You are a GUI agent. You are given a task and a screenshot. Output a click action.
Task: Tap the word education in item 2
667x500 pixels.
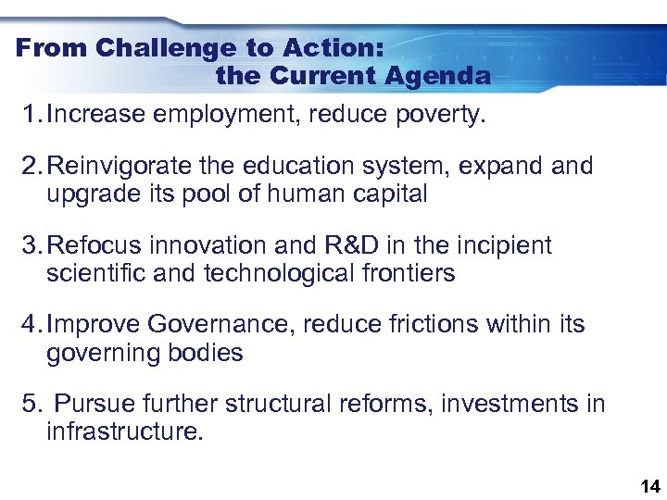302,167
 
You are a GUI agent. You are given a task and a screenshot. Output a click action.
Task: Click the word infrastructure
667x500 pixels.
123,432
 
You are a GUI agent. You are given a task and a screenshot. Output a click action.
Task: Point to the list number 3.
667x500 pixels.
32,245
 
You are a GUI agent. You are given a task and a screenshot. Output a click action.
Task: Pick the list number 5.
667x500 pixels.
32,405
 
